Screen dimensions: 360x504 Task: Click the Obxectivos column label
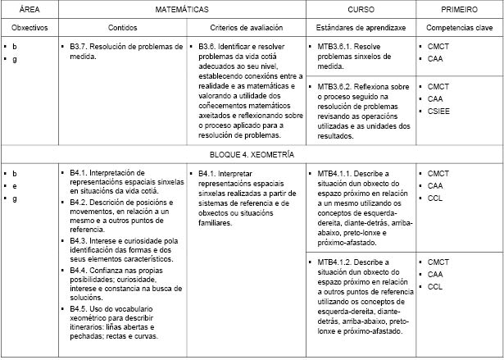tap(30, 28)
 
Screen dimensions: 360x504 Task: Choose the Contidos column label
tap(122, 28)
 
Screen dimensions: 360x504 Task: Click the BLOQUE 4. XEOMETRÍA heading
tap(252, 153)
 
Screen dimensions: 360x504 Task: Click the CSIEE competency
tap(440, 110)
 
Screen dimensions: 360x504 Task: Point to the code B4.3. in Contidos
tap(80, 242)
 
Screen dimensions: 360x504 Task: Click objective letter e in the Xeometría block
tap(15, 186)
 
